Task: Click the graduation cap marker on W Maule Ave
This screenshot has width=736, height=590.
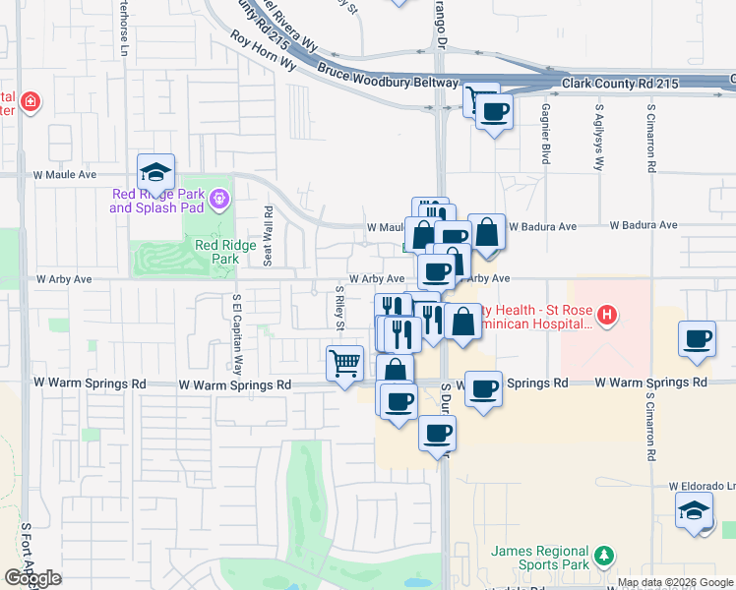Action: [x=155, y=173]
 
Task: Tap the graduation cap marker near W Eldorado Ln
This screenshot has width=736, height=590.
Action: [x=695, y=510]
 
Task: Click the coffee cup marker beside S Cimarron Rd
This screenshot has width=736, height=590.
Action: [x=698, y=339]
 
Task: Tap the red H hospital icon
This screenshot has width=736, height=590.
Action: [x=608, y=315]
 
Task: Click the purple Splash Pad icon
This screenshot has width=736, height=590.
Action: [x=218, y=201]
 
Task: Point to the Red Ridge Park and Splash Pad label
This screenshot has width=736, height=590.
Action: [x=157, y=201]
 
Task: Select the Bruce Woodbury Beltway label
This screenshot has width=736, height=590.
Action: [x=388, y=77]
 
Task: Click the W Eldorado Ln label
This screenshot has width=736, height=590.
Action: [x=702, y=486]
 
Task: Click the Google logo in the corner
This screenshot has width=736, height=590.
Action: [x=32, y=578]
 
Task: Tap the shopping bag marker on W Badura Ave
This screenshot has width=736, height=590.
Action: [x=486, y=232]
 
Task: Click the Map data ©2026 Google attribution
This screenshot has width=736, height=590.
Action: [x=675, y=582]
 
